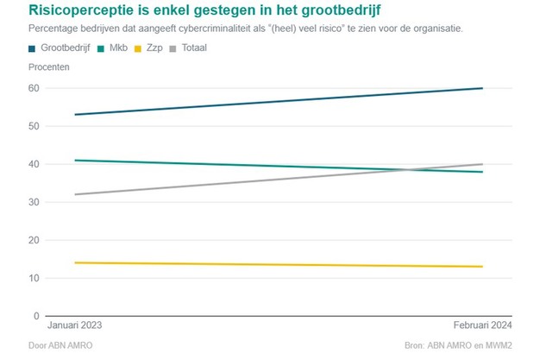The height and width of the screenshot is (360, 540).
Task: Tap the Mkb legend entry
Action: pos(117,47)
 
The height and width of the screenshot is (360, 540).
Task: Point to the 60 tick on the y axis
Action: pos(34,88)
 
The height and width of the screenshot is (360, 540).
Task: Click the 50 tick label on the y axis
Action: pos(34,126)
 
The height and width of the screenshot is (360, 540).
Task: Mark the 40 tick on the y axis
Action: pos(34,164)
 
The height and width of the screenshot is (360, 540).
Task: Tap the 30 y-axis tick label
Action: pos(34,202)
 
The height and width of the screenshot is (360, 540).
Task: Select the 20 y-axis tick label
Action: pos(34,240)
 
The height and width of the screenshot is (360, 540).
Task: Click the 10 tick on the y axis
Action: pos(34,278)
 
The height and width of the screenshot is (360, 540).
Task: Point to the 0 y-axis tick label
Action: pos(36,316)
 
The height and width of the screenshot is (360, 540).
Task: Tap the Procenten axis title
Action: pos(49,66)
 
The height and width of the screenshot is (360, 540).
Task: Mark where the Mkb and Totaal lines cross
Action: pos(408,169)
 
